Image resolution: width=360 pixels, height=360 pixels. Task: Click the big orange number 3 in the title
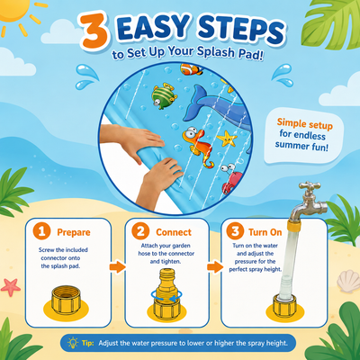pos(94,32)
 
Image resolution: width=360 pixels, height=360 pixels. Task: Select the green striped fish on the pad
pos(164,96)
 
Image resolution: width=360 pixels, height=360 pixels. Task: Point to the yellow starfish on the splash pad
pos(227,139)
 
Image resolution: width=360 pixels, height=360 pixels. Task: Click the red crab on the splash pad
pos(230,179)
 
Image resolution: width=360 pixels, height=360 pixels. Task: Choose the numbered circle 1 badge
pos(41,231)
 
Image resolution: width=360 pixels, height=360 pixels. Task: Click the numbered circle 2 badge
pos(140,231)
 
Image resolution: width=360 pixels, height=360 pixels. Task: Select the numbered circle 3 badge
pos(235,231)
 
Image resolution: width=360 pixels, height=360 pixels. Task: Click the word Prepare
pos(74,232)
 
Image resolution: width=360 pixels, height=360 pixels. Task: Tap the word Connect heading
pos(174,232)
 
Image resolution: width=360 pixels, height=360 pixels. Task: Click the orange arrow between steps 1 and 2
pos(117,266)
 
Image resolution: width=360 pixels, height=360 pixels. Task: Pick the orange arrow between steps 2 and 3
pos(215,266)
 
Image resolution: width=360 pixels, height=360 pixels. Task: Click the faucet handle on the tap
pos(309,186)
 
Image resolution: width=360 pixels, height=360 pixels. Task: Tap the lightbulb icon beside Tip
pos(73,343)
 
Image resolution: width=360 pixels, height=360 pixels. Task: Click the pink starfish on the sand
pos(10,287)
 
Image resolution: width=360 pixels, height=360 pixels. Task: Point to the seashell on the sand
pos(348,282)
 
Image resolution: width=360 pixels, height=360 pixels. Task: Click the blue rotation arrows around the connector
pos(164,295)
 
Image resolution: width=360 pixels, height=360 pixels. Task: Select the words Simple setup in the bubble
pos(304,123)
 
